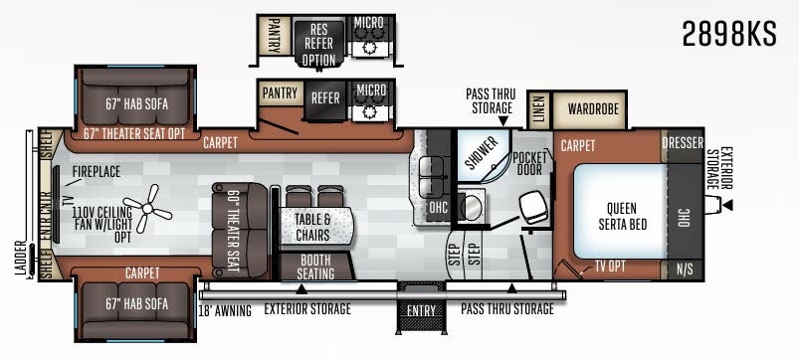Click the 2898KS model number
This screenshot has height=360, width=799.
coord(729,35)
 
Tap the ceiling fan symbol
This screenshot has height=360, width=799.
coord(148,208)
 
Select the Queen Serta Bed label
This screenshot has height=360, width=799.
coord(622,216)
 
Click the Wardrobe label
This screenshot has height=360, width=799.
coord(593,108)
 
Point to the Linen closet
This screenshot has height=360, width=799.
coord(539,110)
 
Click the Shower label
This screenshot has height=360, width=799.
coord(482,153)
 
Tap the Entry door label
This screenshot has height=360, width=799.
coord(422,310)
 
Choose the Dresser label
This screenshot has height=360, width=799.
coord(683,143)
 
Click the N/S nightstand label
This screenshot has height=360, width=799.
coord(685,270)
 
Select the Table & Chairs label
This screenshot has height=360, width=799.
coord(312,227)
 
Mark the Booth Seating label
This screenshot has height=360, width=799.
coord(316,267)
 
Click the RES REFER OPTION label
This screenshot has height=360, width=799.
coord(319,44)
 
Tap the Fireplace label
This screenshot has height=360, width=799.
coord(97,171)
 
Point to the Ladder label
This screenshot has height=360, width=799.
coord(20,260)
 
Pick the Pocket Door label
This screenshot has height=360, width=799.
coord(529,163)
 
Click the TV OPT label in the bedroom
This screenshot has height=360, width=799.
coord(610,266)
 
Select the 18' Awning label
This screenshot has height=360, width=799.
coord(225,310)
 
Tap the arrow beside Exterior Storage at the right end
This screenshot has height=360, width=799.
coord(728,205)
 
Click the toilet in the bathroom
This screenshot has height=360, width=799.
coord(533,209)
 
